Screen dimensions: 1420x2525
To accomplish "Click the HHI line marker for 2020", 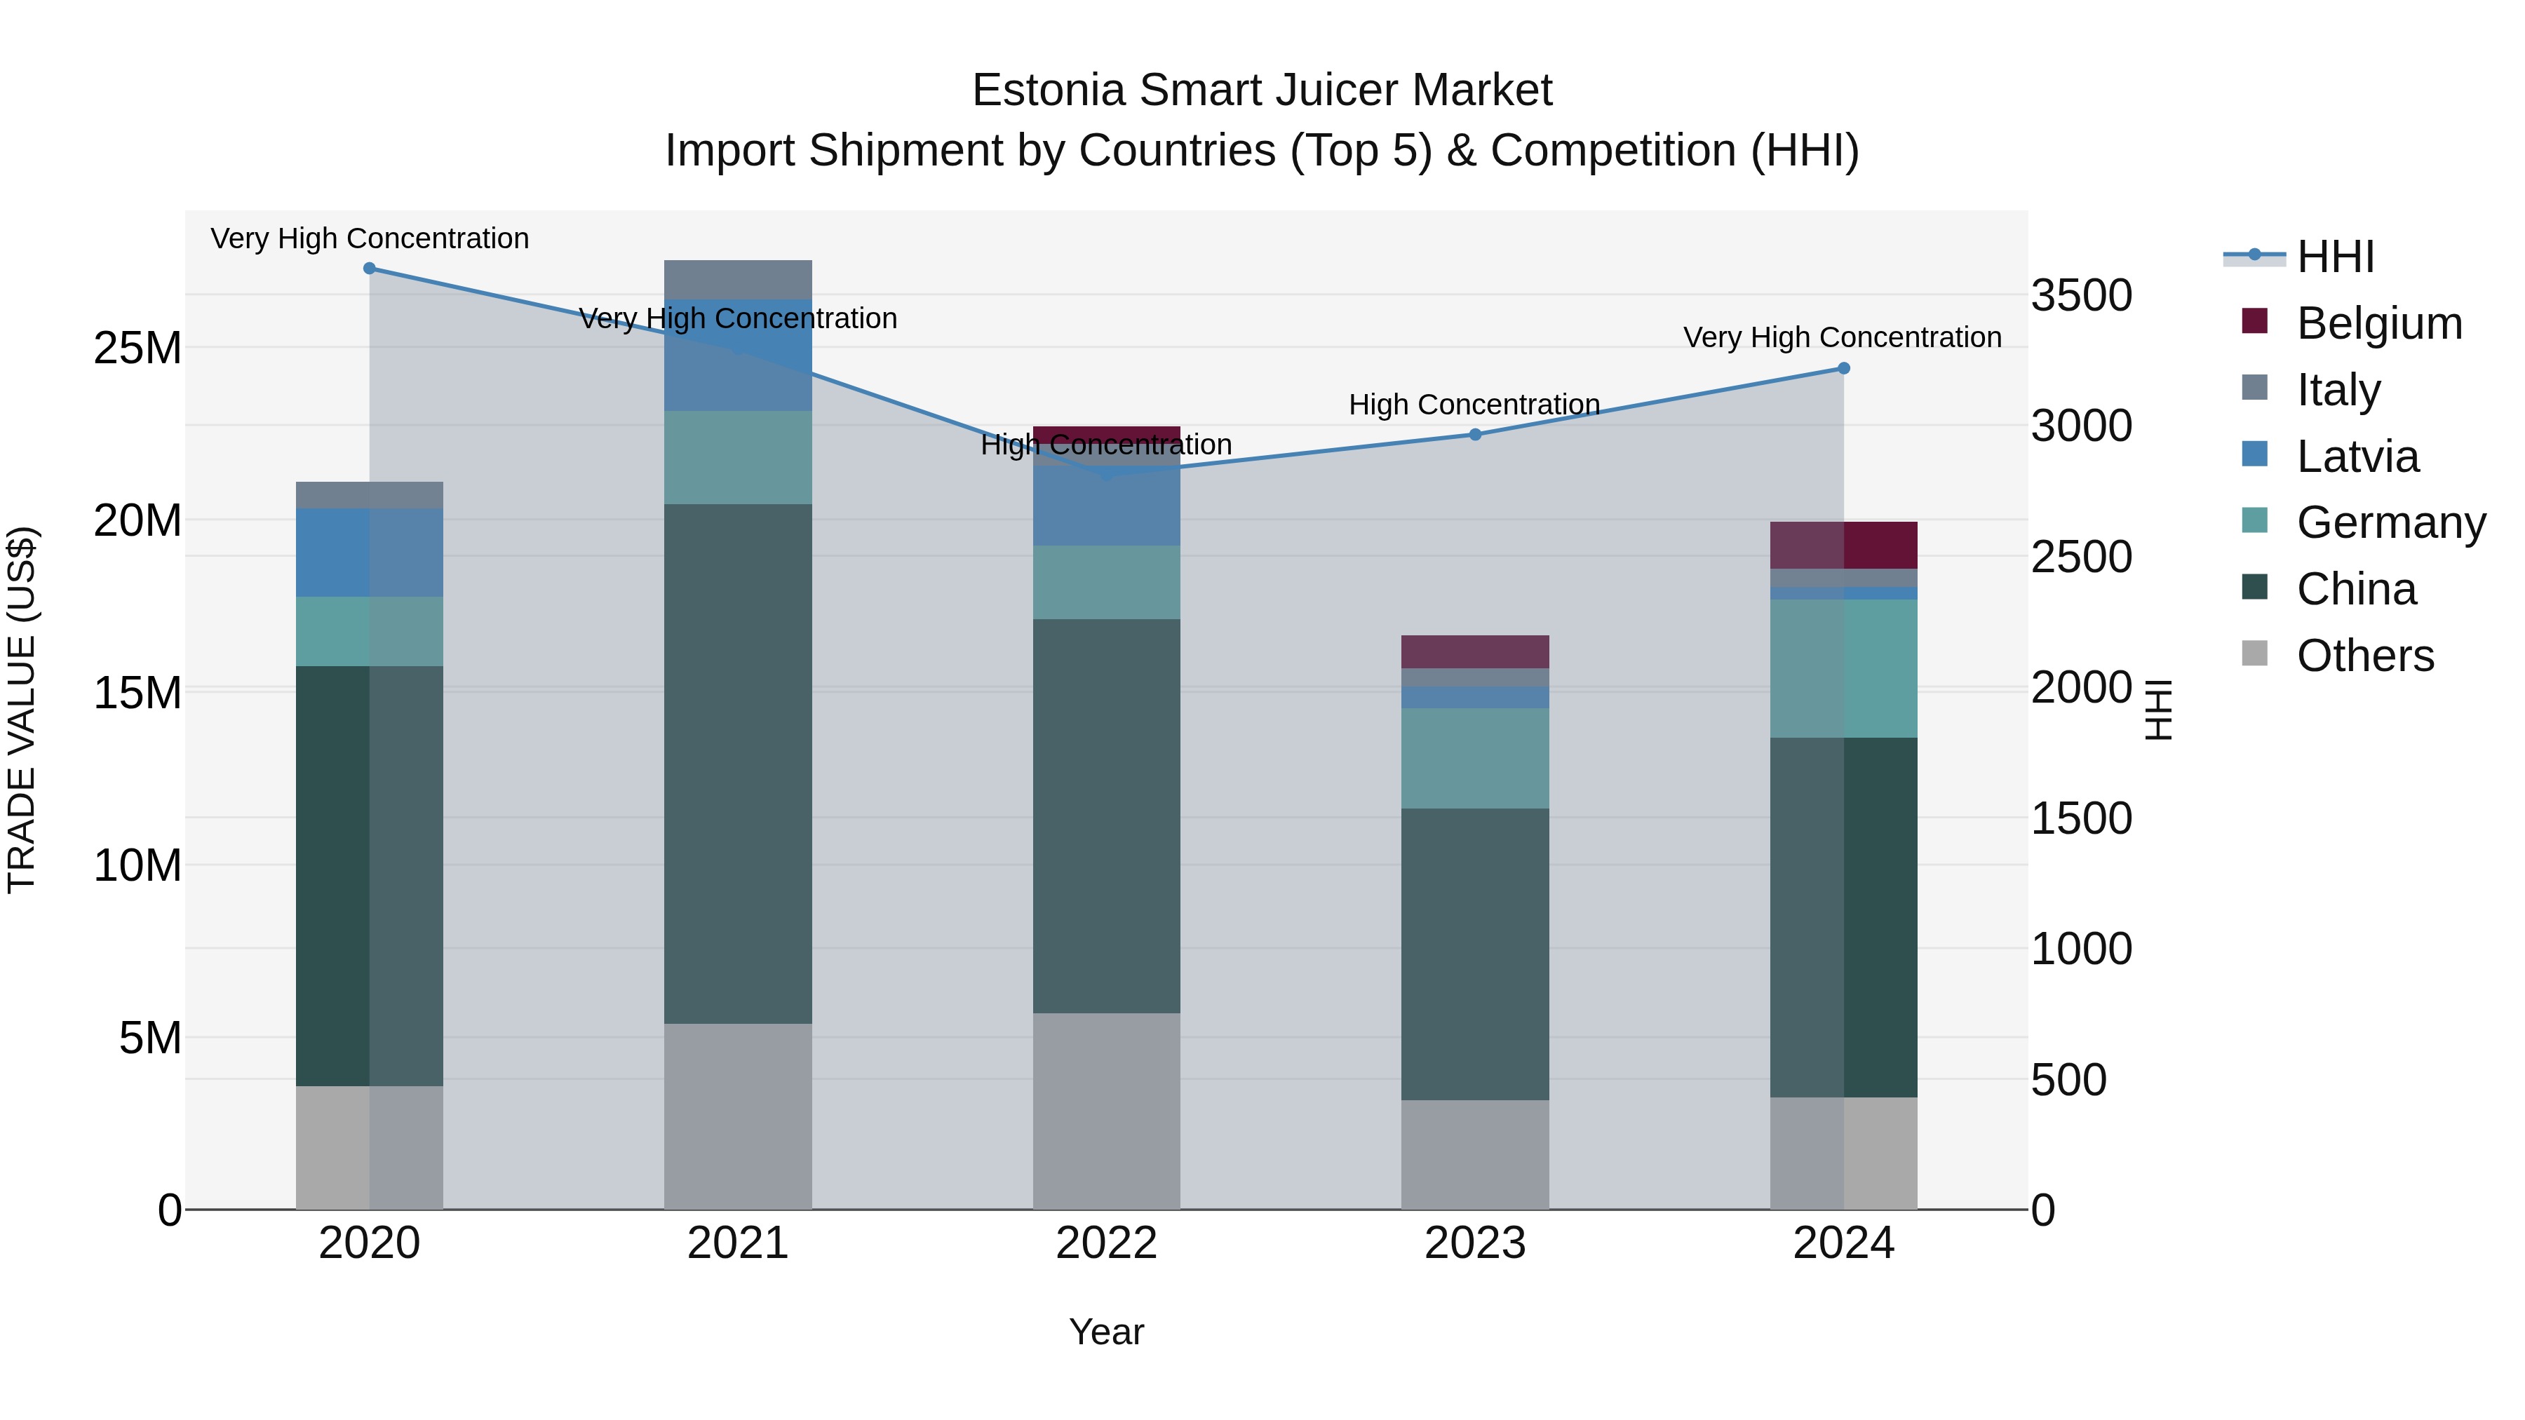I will pyautogui.click(x=370, y=269).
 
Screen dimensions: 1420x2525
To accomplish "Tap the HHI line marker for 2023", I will pyautogui.click(x=1475, y=434).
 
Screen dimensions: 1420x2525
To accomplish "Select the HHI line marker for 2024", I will pyautogui.click(x=1844, y=368).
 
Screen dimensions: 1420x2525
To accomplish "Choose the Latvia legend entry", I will pyautogui.click(x=2357, y=457).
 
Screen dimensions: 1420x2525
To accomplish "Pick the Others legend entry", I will pyautogui.click(x=2364, y=656).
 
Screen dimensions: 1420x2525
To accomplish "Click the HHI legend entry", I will pyautogui.click(x=2335, y=257).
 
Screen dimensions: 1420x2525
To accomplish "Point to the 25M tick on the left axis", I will pyautogui.click(x=137, y=348).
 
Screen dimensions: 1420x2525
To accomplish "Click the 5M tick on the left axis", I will pyautogui.click(x=150, y=1038).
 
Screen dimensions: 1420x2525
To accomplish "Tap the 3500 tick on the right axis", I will pyautogui.click(x=2081, y=295).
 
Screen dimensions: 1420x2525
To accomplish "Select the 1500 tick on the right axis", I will pyautogui.click(x=2081, y=818).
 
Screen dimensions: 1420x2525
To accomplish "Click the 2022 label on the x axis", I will pyautogui.click(x=1107, y=1243).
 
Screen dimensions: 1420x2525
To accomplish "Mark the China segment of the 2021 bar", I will pyautogui.click(x=738, y=764).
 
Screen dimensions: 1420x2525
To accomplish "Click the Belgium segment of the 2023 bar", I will pyautogui.click(x=1475, y=651).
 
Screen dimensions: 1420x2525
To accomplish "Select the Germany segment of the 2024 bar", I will pyautogui.click(x=1844, y=668).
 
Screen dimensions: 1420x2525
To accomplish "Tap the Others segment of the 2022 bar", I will pyautogui.click(x=1107, y=1111).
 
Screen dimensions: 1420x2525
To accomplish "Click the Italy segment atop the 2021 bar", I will pyautogui.click(x=738, y=279).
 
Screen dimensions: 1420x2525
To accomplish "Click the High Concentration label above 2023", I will pyautogui.click(x=1474, y=405).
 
